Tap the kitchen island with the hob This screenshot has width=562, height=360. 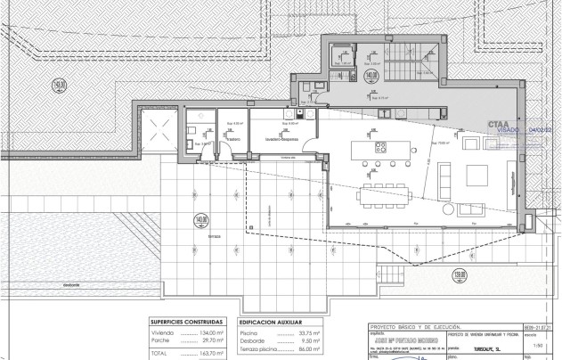pos(380,147)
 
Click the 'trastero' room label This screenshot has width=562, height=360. pos(233,139)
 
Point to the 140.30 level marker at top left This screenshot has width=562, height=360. pos(60,86)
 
